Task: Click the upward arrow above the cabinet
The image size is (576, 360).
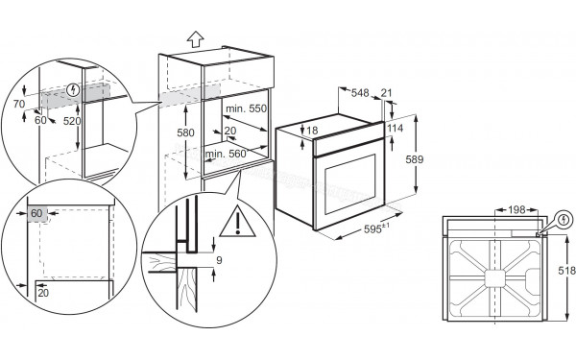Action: [195, 39]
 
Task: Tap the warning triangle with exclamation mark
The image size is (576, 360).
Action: [238, 222]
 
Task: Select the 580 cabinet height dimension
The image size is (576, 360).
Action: [185, 132]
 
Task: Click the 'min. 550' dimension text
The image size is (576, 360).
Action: [246, 108]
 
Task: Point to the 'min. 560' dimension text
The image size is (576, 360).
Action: [226, 154]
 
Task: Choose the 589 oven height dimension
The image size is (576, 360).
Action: [415, 159]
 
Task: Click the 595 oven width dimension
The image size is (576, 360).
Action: [376, 228]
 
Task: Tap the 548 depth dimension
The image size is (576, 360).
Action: [360, 93]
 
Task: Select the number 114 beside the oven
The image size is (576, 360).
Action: [395, 129]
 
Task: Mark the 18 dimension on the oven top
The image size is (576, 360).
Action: [312, 131]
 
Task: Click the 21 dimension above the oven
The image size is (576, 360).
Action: [387, 93]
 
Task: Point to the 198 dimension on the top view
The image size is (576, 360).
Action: [516, 210]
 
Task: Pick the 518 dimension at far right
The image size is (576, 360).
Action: [566, 271]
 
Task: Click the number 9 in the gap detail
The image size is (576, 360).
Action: [219, 260]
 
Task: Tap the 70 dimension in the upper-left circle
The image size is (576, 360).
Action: [19, 104]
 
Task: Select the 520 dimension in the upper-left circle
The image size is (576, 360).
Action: [72, 121]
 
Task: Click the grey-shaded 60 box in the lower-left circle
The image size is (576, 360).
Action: [37, 213]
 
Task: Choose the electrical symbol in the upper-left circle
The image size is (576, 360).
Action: [74, 89]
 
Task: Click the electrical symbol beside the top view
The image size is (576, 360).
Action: [564, 219]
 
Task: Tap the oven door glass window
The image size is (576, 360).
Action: [350, 184]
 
